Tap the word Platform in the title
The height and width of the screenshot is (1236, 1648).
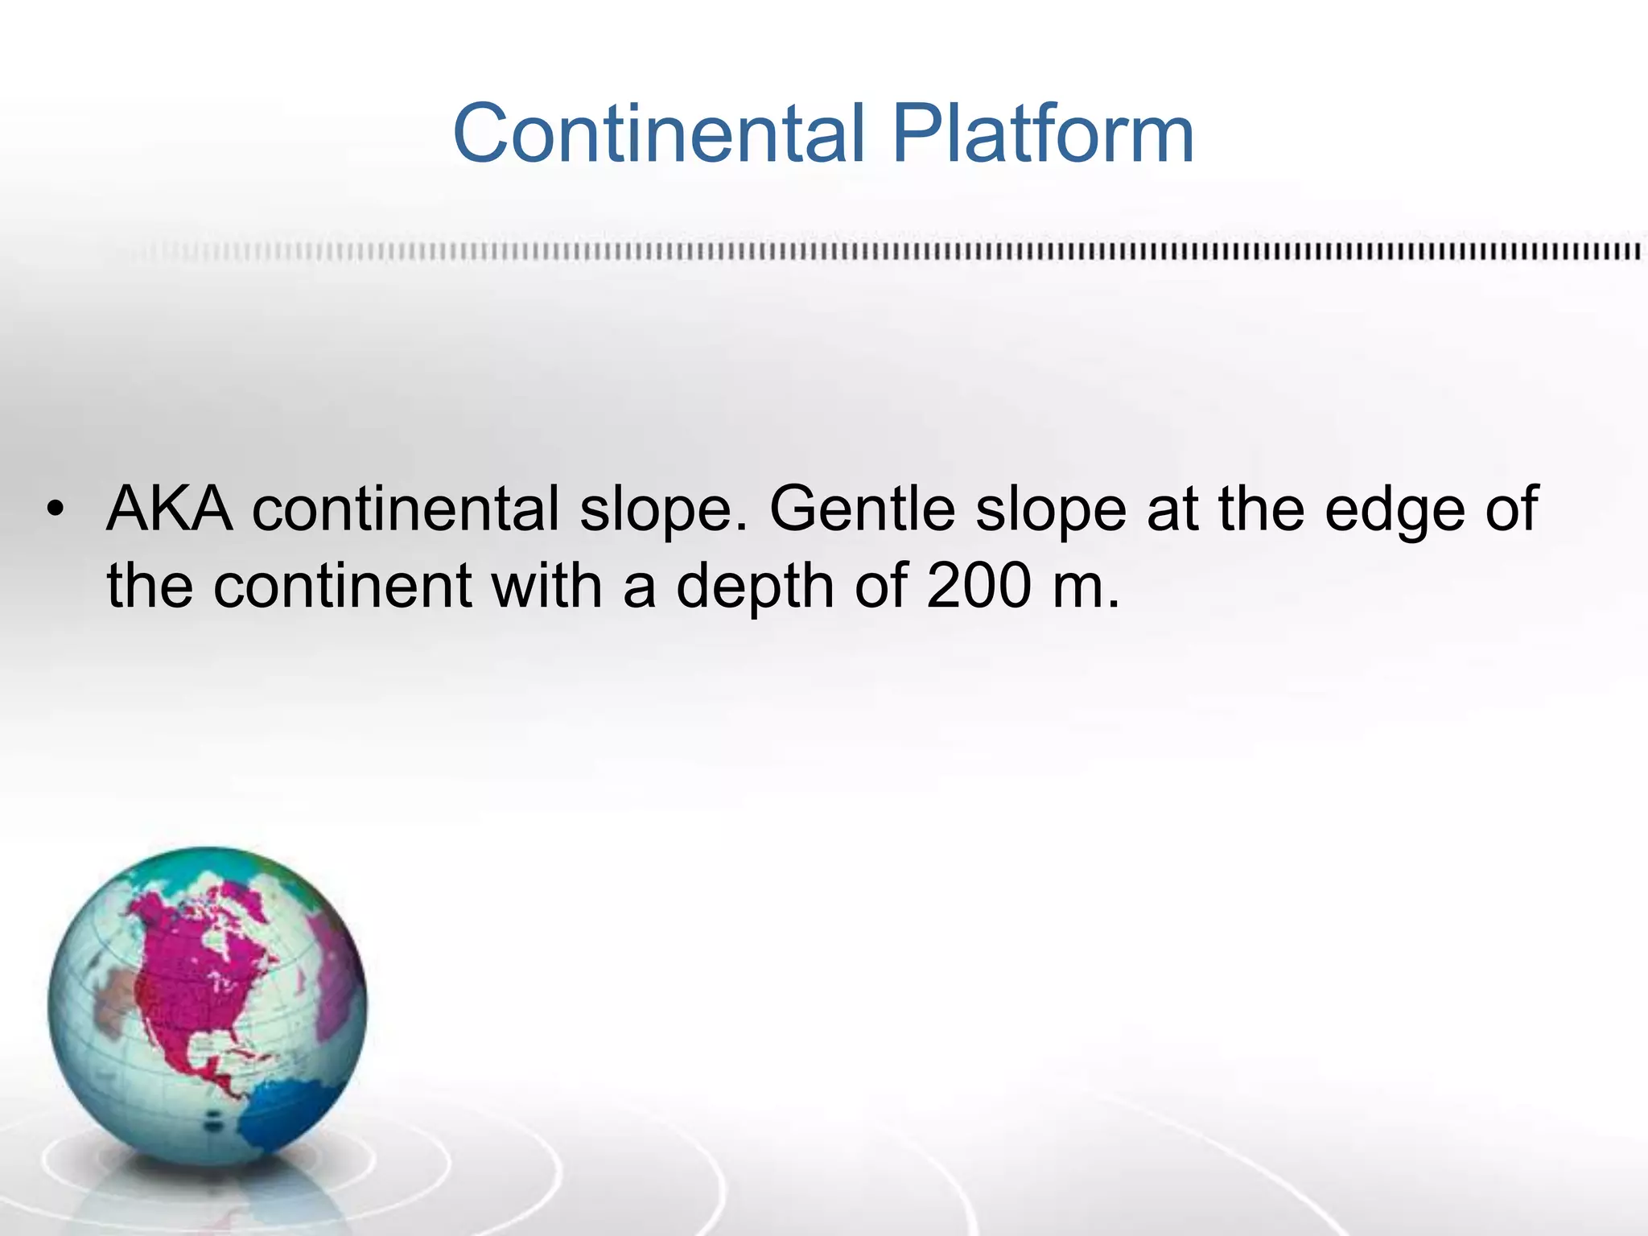tap(1043, 133)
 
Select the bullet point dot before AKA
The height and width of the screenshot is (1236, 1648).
tap(54, 510)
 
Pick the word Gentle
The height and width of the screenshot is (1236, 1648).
tap(863, 510)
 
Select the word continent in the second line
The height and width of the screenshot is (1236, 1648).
tap(342, 585)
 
